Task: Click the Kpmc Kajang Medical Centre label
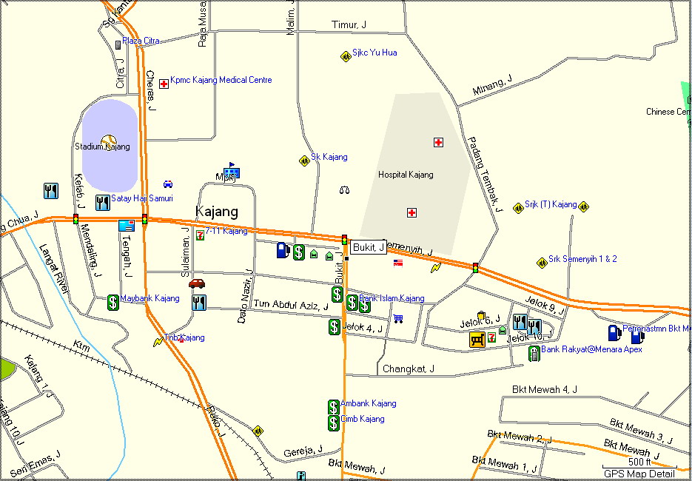pyautogui.click(x=221, y=80)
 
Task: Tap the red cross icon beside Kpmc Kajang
pyautogui.click(x=164, y=84)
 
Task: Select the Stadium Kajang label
pyautogui.click(x=102, y=147)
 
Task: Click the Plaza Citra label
pyautogui.click(x=141, y=41)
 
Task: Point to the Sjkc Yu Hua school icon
pyautogui.click(x=345, y=56)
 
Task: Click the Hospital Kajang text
pyautogui.click(x=406, y=175)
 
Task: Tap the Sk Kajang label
pyautogui.click(x=329, y=157)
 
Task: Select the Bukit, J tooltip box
pyautogui.click(x=368, y=247)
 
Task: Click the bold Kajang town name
pyautogui.click(x=216, y=212)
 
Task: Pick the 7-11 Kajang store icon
pyautogui.click(x=200, y=235)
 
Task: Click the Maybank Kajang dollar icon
pyautogui.click(x=112, y=301)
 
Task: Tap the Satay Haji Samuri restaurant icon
pyautogui.click(x=102, y=202)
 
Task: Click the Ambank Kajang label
pyautogui.click(x=368, y=403)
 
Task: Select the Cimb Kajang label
pyautogui.click(x=362, y=419)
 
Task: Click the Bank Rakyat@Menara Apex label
pyautogui.click(x=591, y=349)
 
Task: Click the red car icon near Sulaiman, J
pyautogui.click(x=196, y=283)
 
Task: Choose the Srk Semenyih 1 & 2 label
pyautogui.click(x=582, y=259)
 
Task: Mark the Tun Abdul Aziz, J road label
pyautogui.click(x=291, y=304)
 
